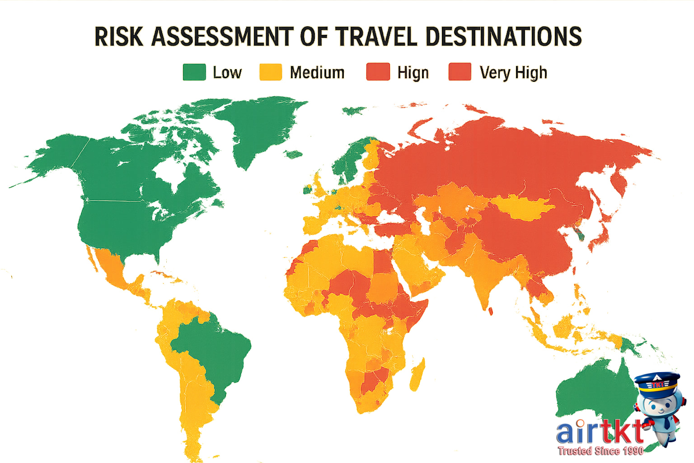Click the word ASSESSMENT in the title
(222, 37)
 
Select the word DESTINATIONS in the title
(503, 37)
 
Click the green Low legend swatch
(194, 72)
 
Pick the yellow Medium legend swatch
(271, 72)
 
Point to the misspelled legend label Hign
(413, 73)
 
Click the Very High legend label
(513, 73)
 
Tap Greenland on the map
(262, 127)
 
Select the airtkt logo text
(599, 432)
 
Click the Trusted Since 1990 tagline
(600, 451)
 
